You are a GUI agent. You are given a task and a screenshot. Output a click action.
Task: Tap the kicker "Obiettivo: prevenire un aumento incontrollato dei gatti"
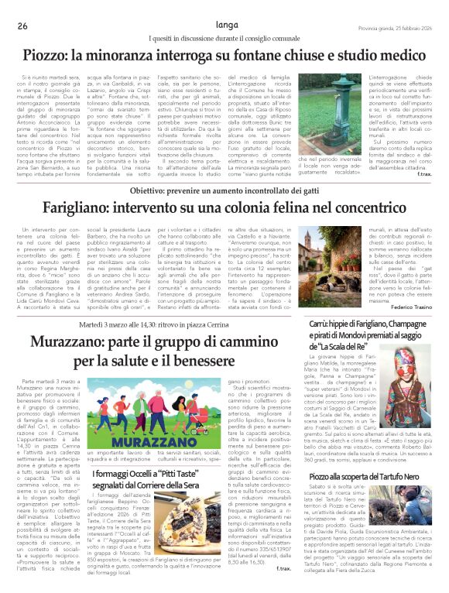[224, 190]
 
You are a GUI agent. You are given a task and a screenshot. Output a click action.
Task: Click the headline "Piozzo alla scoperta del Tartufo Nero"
[368, 478]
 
